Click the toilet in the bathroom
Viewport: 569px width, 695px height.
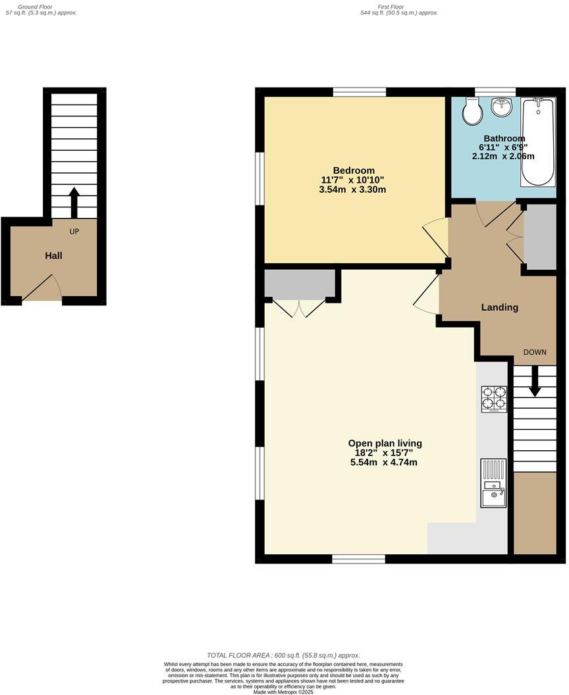click(472, 113)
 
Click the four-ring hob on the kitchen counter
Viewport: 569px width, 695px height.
click(494, 398)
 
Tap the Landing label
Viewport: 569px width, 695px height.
click(500, 307)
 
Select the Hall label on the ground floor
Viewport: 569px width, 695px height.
click(53, 255)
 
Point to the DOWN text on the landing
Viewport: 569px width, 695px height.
click(535, 352)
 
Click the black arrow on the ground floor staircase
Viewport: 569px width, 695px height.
click(73, 202)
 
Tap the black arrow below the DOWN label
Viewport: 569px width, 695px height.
click(535, 381)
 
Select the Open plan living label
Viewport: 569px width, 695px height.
click(385, 444)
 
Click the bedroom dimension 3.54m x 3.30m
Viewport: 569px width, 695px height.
click(352, 190)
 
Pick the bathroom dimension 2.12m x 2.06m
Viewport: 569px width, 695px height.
click(503, 157)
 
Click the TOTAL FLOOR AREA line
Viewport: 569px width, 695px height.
click(284, 656)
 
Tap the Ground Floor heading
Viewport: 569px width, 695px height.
click(41, 6)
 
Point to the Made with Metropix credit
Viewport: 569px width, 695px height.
click(284, 692)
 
